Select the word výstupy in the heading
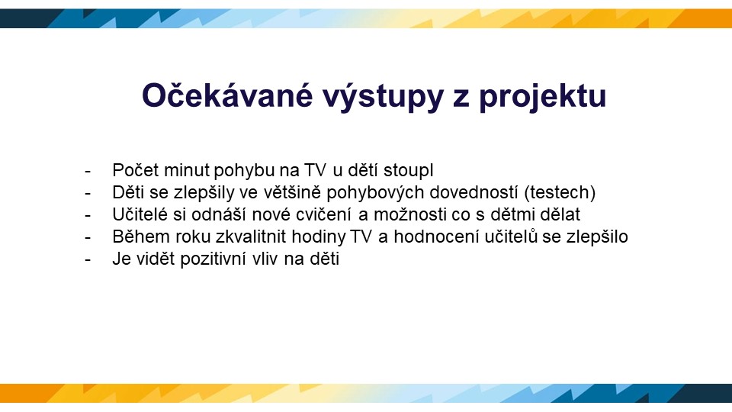[x=383, y=98]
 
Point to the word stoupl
[x=409, y=171]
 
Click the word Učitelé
[x=140, y=214]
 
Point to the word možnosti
[x=403, y=214]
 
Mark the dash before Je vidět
[x=88, y=260]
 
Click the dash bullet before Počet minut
[x=88, y=172]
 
